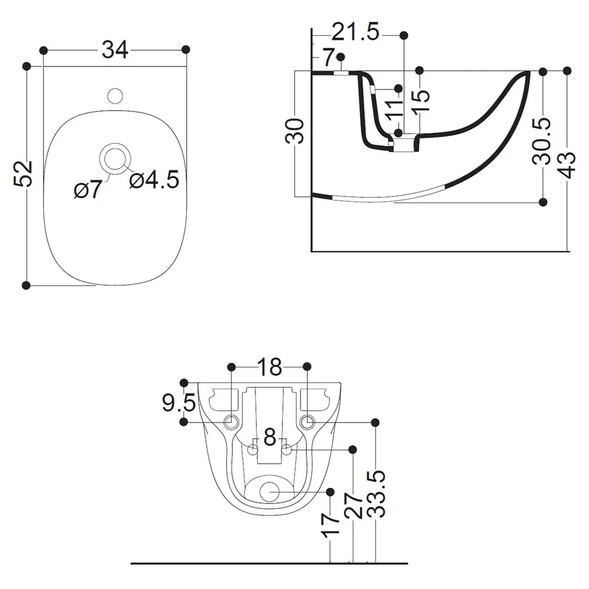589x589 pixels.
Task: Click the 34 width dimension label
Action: [x=115, y=49]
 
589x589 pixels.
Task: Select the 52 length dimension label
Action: [x=24, y=174]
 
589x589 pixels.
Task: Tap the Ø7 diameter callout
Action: [x=88, y=188]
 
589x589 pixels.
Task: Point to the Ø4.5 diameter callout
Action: [x=154, y=180]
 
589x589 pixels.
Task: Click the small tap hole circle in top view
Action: [x=115, y=96]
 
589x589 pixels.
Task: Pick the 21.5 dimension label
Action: [x=355, y=32]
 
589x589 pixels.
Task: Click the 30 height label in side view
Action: [x=294, y=131]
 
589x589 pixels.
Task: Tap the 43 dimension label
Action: [x=566, y=165]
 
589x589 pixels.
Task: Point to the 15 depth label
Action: [x=421, y=101]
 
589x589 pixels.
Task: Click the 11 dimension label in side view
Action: [x=395, y=111]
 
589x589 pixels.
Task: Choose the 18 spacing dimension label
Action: [x=269, y=367]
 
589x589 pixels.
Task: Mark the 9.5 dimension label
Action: [x=179, y=403]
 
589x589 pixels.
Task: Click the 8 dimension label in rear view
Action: [x=270, y=437]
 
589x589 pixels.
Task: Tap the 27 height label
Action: [x=353, y=505]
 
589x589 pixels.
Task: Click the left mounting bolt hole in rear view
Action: [x=231, y=422]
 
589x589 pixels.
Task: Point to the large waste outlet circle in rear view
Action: [x=270, y=492]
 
